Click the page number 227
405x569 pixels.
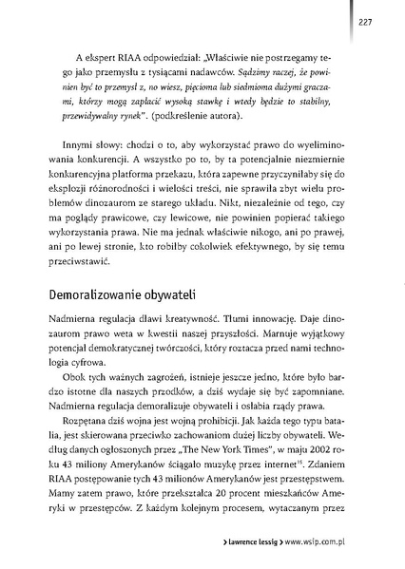[x=365, y=22]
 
